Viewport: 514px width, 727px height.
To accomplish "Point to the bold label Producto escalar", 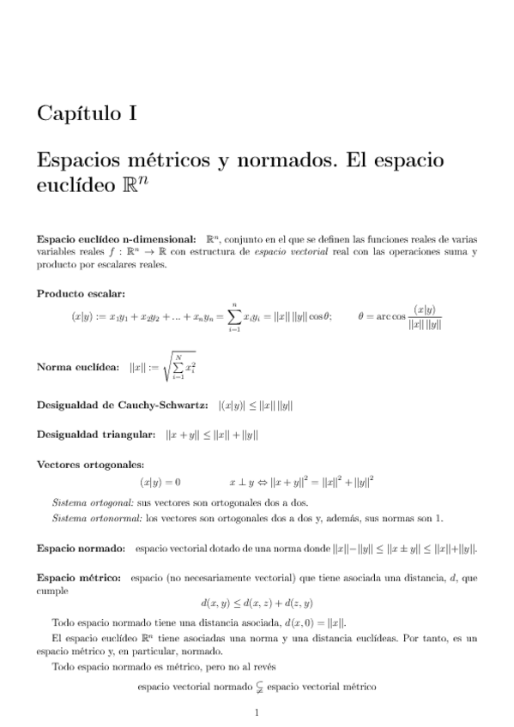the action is (76, 293).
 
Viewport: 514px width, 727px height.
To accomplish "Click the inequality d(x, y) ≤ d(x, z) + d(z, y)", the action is (257, 603).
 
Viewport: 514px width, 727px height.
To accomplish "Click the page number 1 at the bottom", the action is (257, 713).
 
